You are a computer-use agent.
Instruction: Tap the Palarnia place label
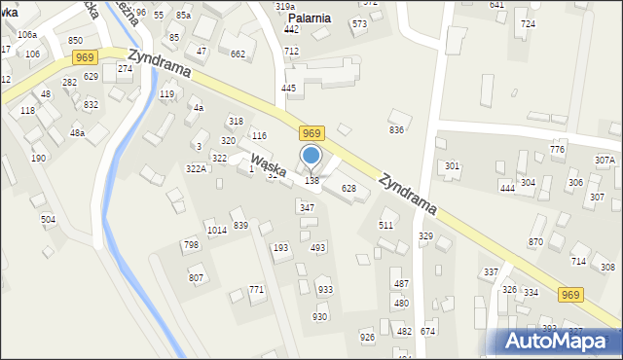pos(310,18)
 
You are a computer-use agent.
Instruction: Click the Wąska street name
pos(267,165)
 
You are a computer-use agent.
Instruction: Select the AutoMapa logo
pos(560,340)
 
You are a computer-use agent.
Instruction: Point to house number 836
pos(396,129)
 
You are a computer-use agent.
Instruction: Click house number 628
pos(348,188)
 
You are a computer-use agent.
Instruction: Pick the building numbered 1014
pos(216,230)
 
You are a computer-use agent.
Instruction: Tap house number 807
pos(197,278)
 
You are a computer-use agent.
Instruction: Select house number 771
pos(256,290)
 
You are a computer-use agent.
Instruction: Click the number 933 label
pos(324,290)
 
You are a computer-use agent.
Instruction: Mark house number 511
pos(386,225)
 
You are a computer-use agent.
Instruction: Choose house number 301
pos(452,166)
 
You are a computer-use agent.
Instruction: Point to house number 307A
pos(605,160)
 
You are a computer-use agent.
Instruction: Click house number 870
pos(535,242)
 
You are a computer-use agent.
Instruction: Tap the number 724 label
pos(528,23)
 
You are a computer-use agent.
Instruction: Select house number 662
pos(238,54)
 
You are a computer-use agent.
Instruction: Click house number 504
pos(48,220)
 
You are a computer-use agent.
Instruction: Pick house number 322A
pos(197,169)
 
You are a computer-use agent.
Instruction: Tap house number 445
pos(288,89)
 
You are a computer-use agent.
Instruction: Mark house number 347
pos(307,208)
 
